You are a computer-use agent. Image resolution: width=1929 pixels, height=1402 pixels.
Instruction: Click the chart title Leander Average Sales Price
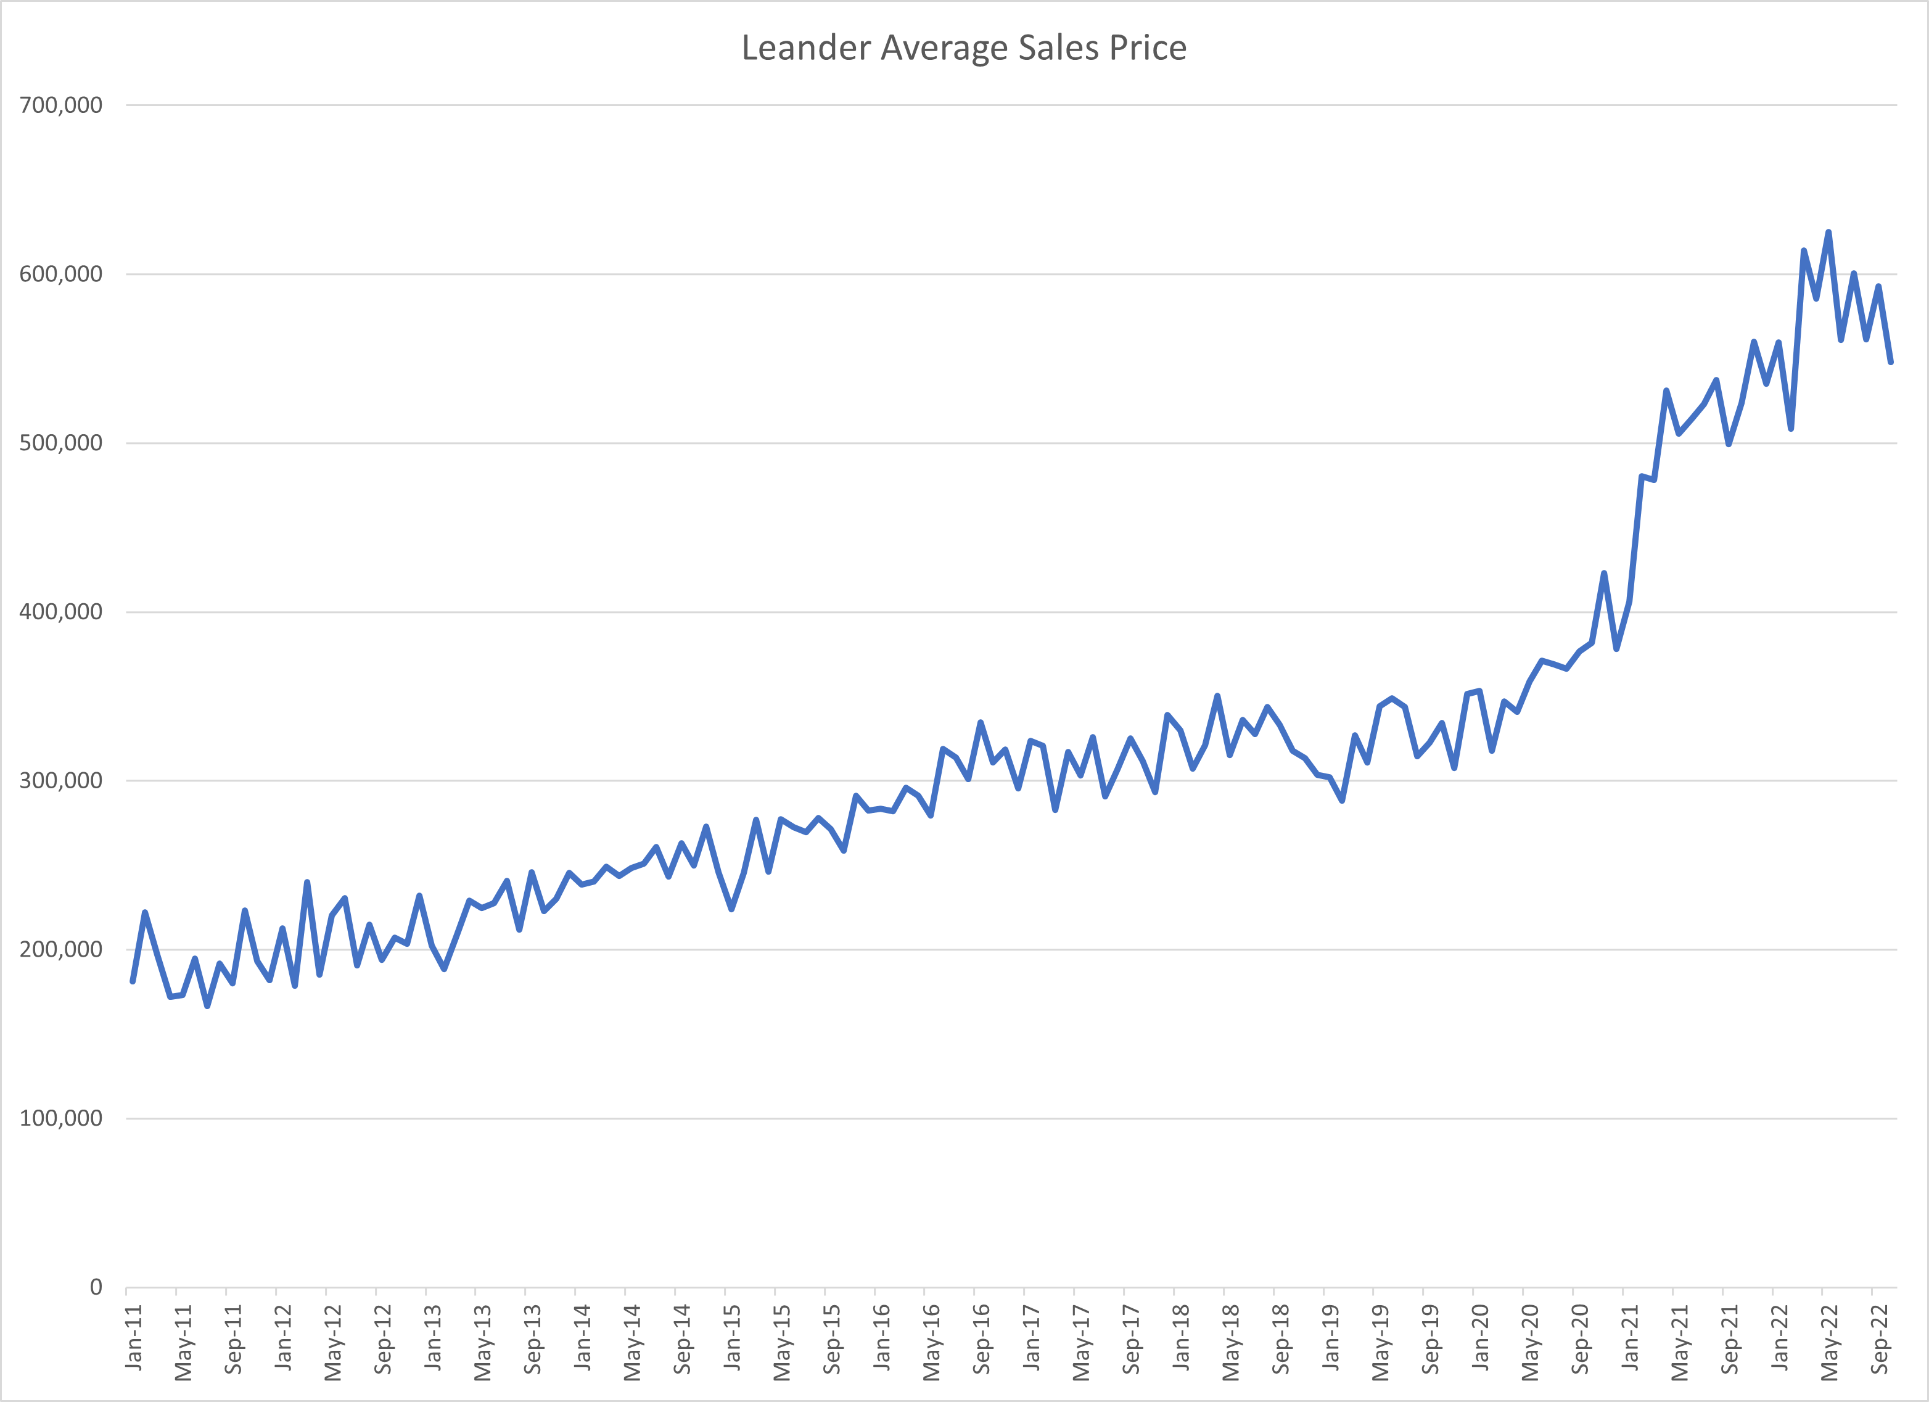(x=964, y=47)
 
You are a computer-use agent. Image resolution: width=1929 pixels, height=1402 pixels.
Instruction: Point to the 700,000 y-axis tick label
(x=60, y=105)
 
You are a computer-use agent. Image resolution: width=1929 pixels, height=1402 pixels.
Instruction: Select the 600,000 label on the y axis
(x=60, y=274)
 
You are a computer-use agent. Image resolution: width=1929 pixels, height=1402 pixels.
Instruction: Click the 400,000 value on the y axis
(x=60, y=612)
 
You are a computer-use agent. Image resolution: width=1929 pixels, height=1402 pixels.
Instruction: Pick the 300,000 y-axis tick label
(x=60, y=780)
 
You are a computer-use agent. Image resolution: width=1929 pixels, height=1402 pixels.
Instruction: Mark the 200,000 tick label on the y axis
(x=60, y=949)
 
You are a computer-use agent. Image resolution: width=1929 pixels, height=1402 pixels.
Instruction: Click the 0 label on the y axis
(x=96, y=1287)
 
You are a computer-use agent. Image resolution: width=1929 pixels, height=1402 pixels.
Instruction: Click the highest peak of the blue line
(x=1828, y=233)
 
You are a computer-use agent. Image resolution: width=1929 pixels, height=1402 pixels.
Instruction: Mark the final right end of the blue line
(x=1891, y=363)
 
